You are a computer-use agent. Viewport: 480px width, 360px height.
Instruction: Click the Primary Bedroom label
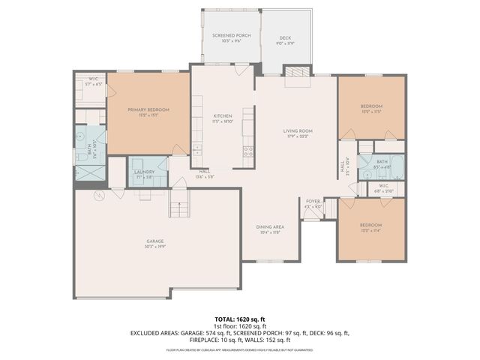(148, 110)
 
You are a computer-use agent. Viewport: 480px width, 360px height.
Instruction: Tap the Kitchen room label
(223, 116)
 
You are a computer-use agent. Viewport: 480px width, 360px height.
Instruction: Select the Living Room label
(297, 132)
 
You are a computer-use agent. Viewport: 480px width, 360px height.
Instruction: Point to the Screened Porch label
(231, 36)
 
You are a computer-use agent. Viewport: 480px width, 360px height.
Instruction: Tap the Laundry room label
(144, 172)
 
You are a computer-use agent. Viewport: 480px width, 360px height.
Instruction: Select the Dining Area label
(269, 227)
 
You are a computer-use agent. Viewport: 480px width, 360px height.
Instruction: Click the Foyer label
(313, 201)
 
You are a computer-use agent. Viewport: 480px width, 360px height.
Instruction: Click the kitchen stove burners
(247, 151)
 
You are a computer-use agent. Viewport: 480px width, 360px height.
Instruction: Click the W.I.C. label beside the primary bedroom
(94, 80)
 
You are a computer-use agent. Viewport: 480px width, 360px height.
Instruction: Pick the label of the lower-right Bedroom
(370, 225)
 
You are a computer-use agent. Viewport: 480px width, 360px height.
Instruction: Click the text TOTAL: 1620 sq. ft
(240, 318)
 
